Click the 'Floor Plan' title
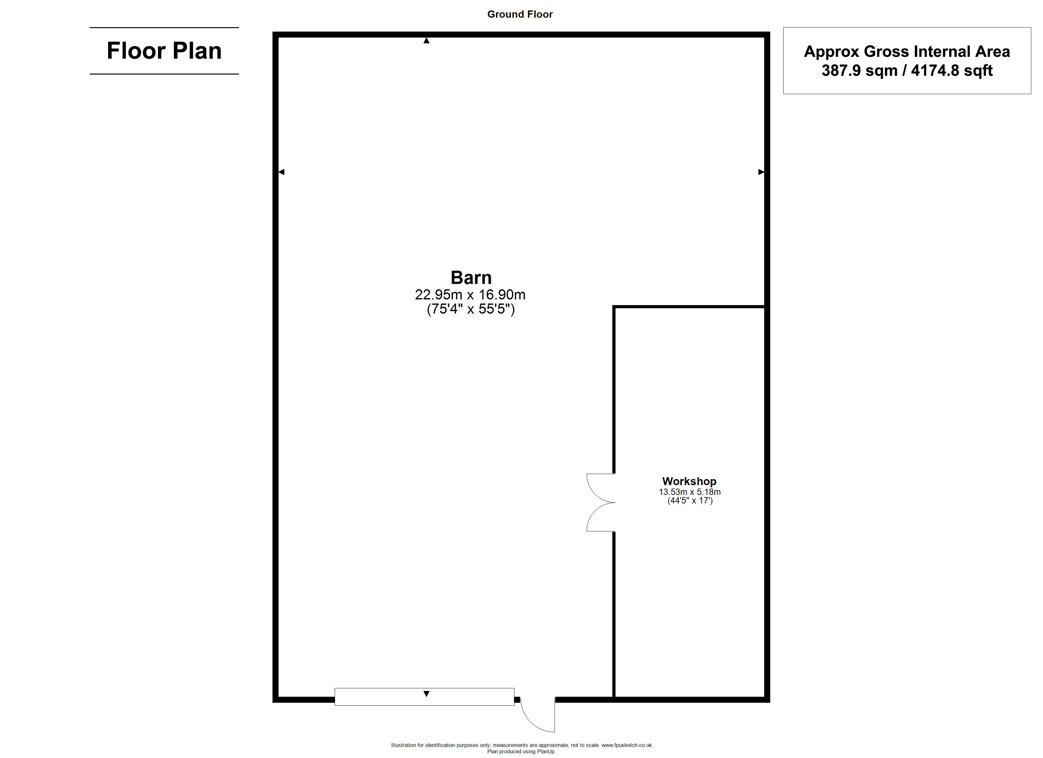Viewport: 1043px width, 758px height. click(164, 51)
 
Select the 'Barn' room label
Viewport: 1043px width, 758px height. click(471, 278)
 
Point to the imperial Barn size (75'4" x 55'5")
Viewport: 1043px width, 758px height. click(470, 309)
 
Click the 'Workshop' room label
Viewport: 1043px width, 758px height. click(689, 481)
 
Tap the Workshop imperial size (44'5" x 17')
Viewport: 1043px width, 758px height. click(690, 501)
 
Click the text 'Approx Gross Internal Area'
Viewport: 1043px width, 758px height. click(907, 51)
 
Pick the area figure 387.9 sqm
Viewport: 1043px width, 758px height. click(859, 70)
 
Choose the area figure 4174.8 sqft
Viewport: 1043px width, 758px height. click(951, 70)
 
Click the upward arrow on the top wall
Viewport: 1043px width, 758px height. click(426, 40)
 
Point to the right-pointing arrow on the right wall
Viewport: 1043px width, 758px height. click(761, 172)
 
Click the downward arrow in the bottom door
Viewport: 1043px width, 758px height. click(426, 694)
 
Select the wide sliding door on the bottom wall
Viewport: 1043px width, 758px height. click(424, 697)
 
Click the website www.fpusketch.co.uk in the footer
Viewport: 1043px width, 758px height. click(626, 745)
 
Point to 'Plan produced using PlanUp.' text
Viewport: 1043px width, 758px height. click(521, 752)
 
